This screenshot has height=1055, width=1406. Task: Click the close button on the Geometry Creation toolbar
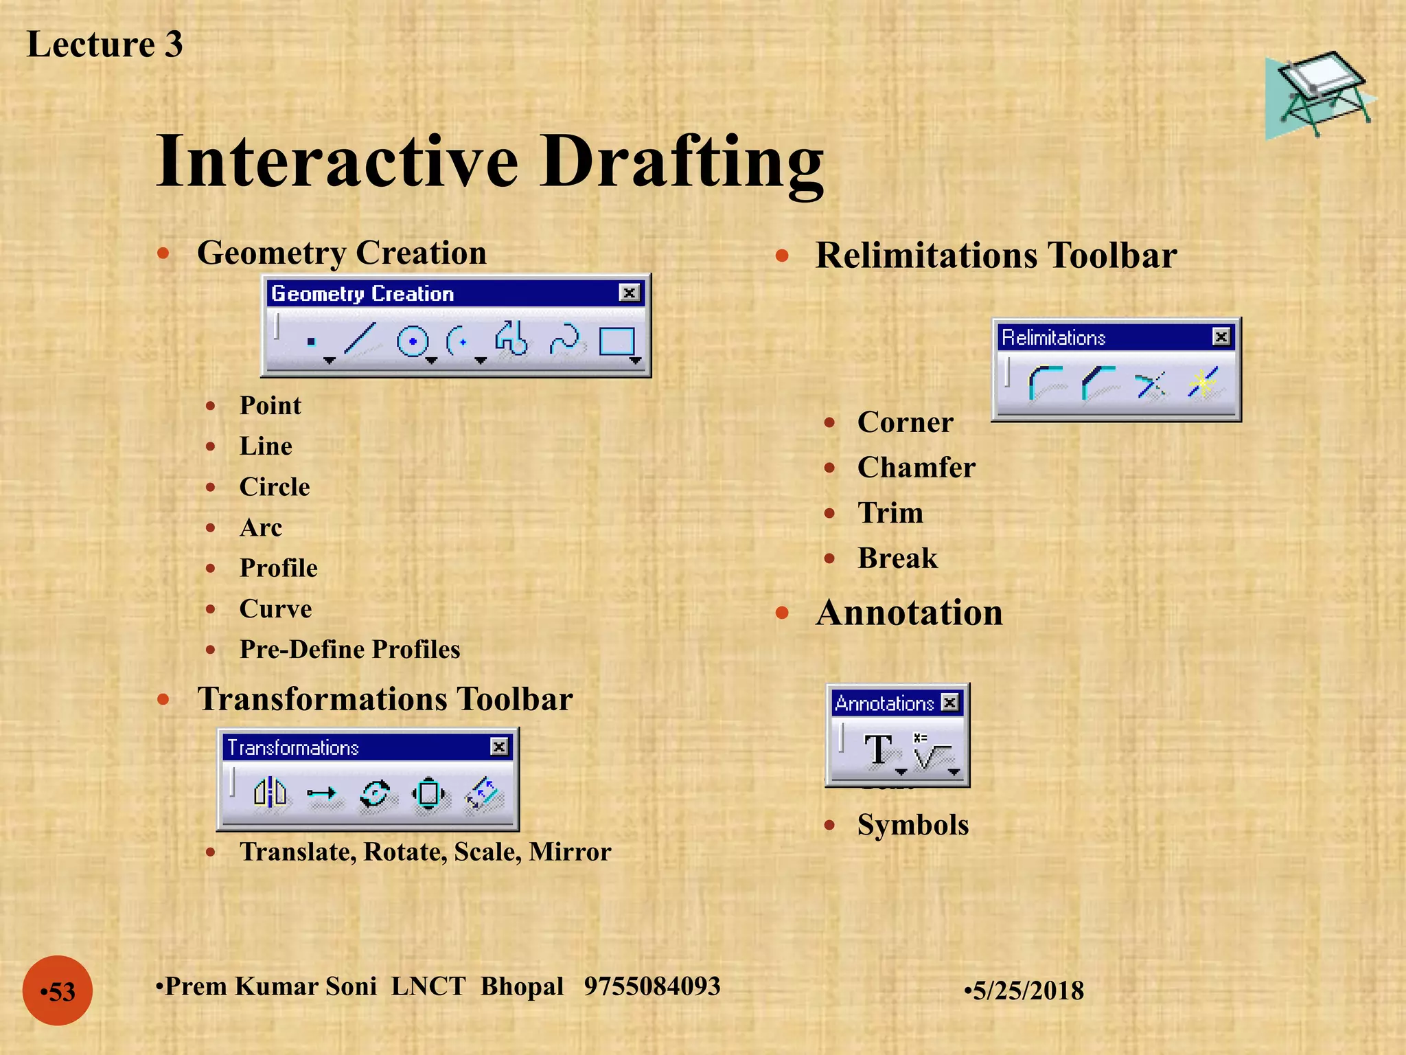coord(629,293)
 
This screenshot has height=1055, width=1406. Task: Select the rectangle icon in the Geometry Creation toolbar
coord(616,341)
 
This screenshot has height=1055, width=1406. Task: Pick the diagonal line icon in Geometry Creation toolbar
coord(360,339)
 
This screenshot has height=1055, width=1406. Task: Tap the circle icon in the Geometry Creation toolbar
coord(413,341)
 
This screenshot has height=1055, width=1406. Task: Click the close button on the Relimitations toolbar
coord(1221,337)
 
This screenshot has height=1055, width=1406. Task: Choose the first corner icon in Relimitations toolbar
coord(1045,383)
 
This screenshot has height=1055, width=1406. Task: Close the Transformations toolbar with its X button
coord(499,747)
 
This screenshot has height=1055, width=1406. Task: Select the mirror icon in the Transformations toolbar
coord(270,793)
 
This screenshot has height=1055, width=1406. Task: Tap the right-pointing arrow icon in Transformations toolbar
coord(321,794)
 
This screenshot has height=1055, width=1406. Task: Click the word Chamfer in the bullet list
coord(916,468)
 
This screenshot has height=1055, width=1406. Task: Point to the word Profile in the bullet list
coord(278,568)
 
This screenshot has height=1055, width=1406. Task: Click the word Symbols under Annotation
coord(912,825)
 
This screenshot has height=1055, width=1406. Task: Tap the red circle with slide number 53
coord(58,990)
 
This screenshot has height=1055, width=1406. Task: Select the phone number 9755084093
coord(652,986)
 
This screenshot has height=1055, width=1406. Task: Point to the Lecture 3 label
coord(104,45)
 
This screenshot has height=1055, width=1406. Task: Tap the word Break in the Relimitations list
coord(897,558)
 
